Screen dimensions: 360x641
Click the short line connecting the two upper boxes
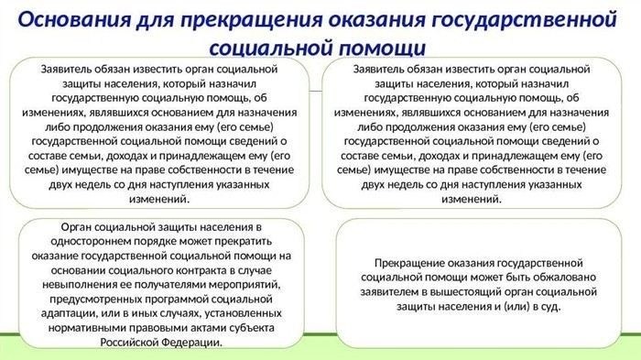click(314, 92)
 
